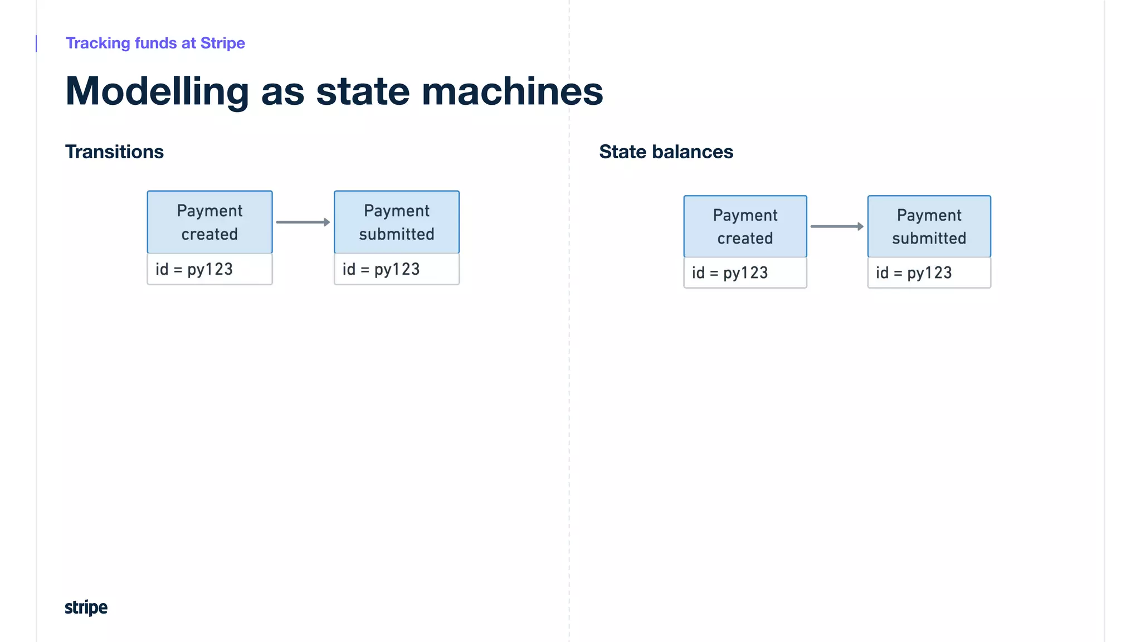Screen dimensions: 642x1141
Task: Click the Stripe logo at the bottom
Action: point(86,607)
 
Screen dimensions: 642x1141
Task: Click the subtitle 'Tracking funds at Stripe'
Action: point(155,43)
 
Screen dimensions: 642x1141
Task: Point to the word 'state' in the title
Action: point(363,91)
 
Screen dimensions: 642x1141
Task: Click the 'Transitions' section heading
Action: point(114,152)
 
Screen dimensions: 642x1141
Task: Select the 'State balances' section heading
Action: point(666,152)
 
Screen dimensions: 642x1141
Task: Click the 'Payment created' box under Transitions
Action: point(209,222)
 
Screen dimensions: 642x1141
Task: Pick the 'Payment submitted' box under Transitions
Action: point(397,222)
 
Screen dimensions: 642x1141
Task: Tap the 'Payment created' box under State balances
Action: point(745,226)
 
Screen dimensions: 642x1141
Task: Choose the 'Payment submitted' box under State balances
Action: point(929,226)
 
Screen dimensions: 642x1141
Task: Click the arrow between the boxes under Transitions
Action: point(303,222)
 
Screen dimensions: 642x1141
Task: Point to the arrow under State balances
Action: point(837,226)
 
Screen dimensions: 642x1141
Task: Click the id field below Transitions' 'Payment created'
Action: point(209,269)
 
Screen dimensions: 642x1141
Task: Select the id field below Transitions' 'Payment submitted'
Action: point(397,269)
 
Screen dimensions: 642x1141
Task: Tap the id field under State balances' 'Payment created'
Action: point(745,273)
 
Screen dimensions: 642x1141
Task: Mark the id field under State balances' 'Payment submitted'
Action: point(929,273)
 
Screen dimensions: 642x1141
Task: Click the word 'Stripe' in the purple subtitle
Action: point(222,43)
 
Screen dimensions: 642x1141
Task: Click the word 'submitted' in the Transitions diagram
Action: point(397,234)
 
